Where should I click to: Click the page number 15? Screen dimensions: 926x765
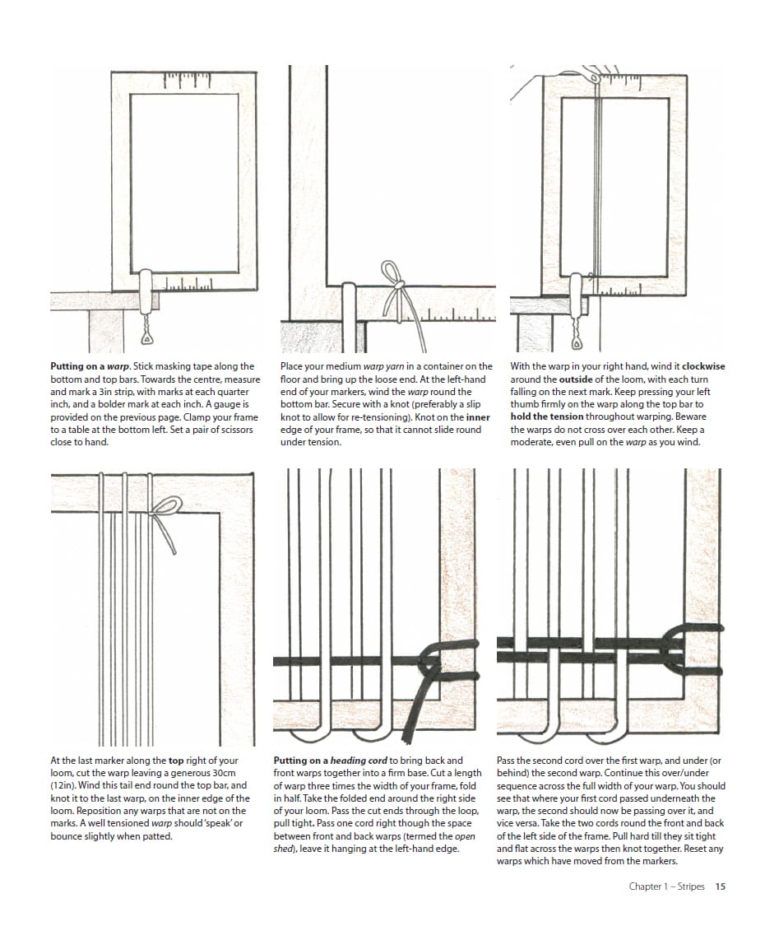[x=720, y=886]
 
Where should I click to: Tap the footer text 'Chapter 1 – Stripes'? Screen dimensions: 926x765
[x=666, y=886]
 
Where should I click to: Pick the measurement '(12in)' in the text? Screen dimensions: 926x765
[x=65, y=785]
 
